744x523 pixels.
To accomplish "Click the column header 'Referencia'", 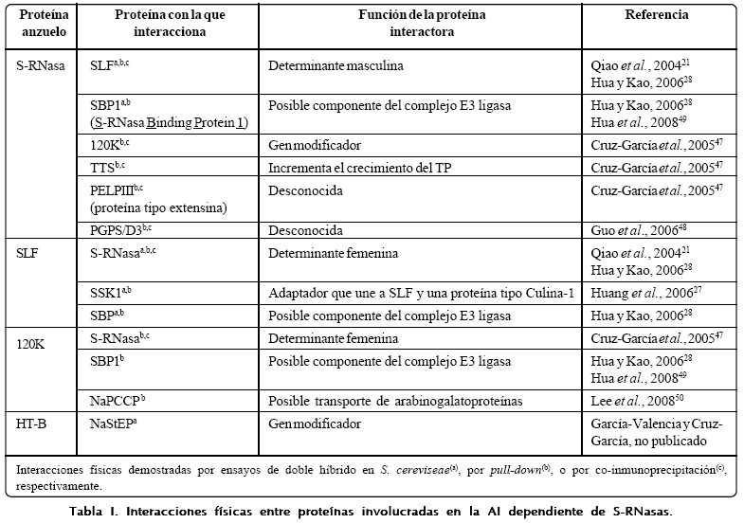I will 656,15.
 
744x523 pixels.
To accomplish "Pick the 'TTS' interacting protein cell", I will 109,165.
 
